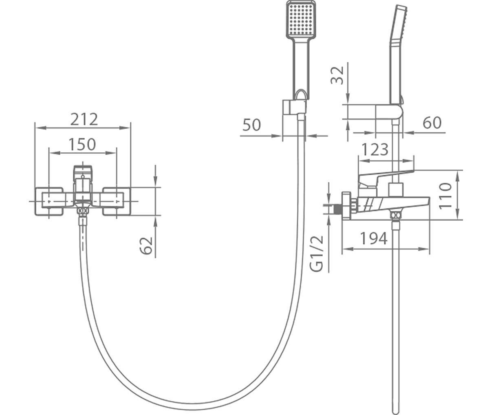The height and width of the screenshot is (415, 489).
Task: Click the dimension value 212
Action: (84, 119)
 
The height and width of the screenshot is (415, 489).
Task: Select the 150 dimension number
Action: (82, 144)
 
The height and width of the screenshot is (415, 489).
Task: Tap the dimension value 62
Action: (146, 246)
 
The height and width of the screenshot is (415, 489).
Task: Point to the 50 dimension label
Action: (251, 125)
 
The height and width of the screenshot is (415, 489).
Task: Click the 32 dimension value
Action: (337, 75)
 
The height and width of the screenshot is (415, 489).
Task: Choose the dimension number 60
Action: (432, 123)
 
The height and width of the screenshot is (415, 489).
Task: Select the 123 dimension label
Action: (375, 149)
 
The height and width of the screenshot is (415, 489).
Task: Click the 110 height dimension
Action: (445, 196)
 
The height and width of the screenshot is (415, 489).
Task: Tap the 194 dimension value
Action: (374, 238)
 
